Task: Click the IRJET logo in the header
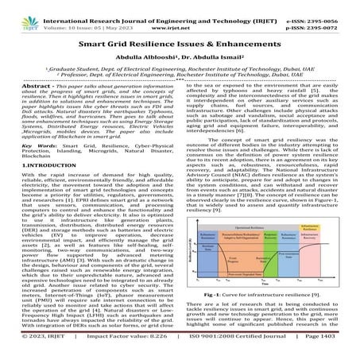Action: (x=14, y=14)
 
